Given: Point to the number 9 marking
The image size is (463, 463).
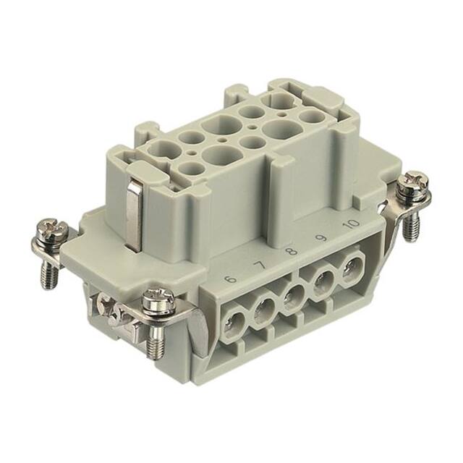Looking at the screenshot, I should (x=320, y=238).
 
